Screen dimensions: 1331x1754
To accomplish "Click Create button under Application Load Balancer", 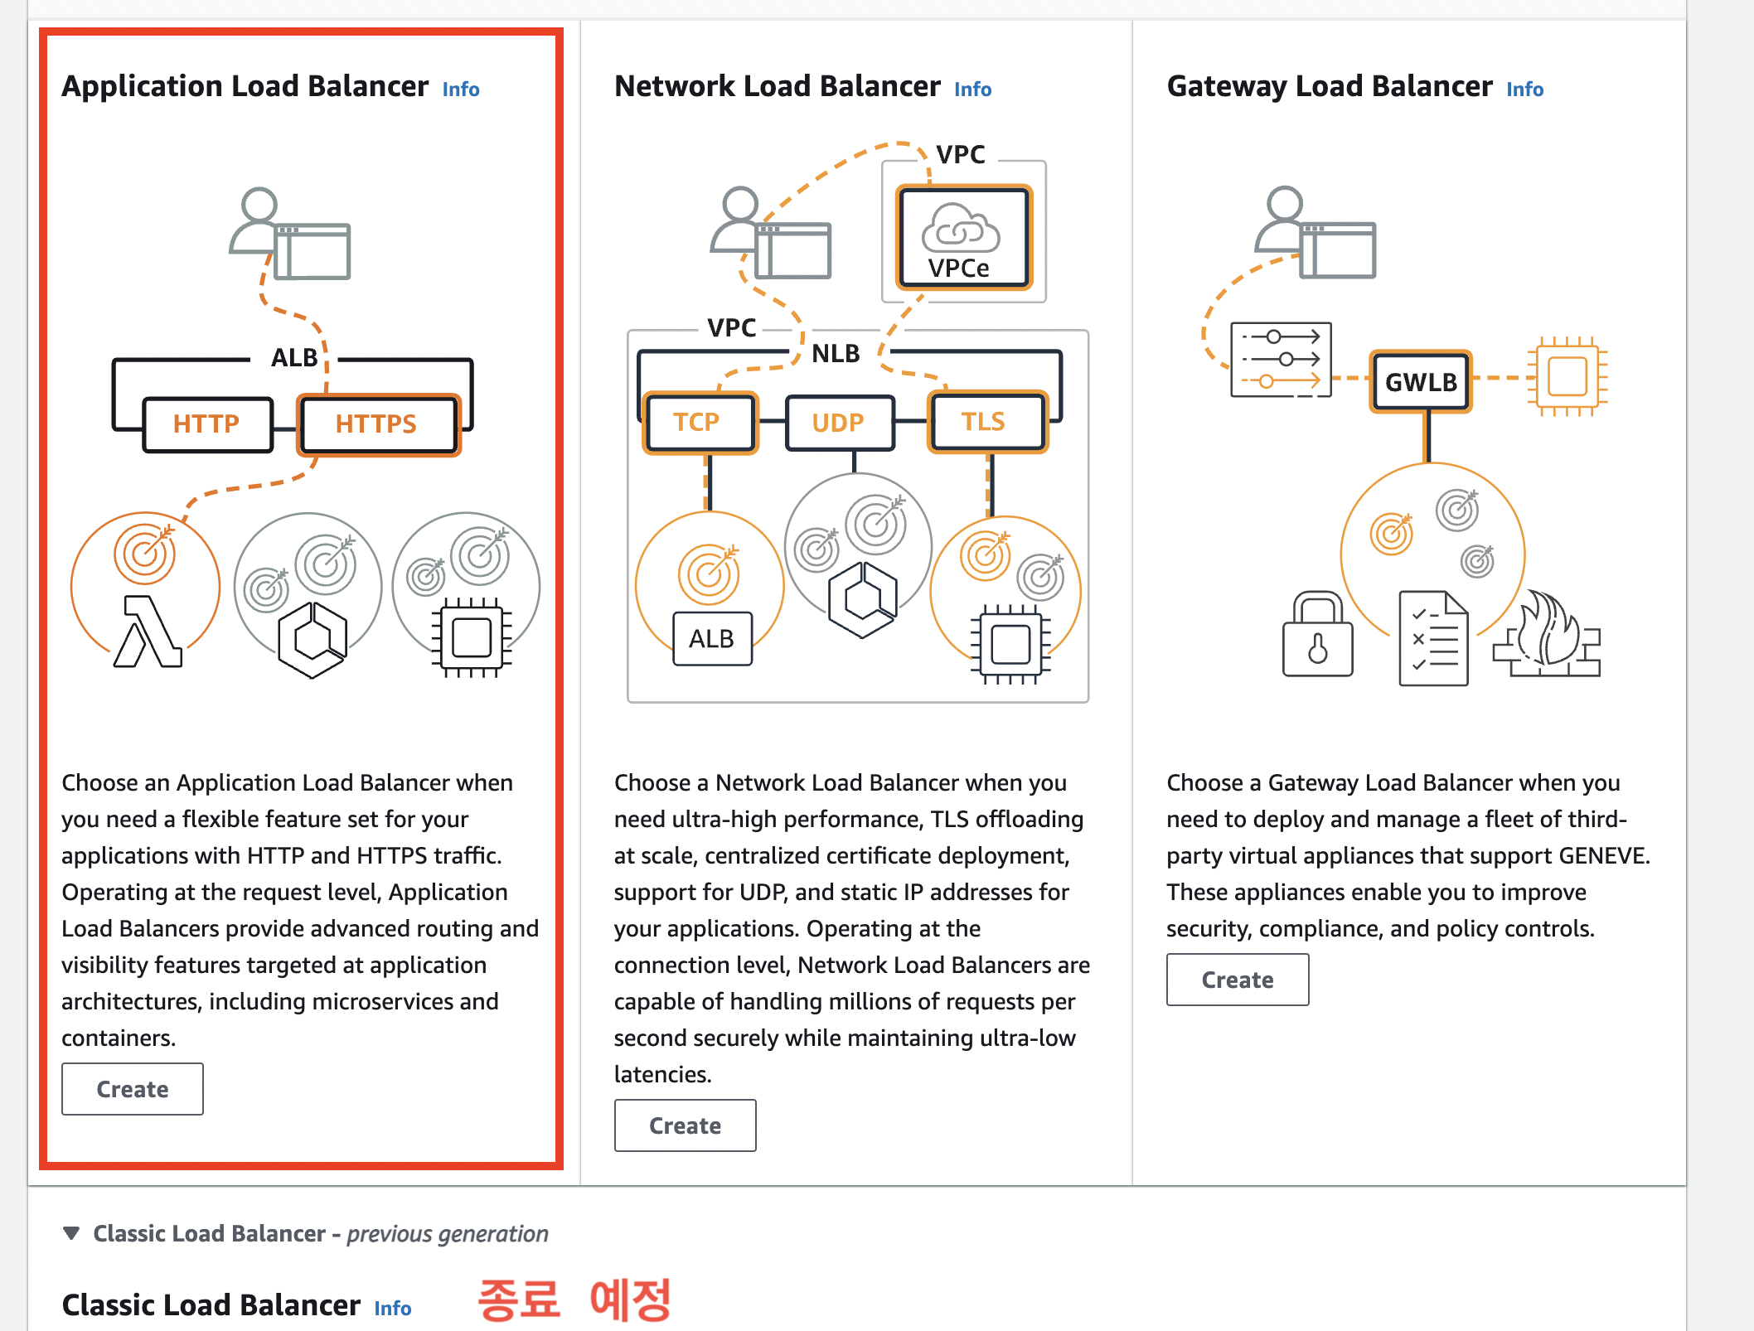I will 133,1089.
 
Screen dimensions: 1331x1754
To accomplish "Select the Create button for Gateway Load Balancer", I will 1237,980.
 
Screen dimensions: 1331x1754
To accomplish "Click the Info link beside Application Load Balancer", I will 461,90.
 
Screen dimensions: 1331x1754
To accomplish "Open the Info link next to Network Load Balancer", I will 972,90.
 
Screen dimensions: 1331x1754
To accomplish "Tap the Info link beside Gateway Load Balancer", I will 1524,90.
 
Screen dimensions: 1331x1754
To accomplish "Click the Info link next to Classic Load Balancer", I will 392,1309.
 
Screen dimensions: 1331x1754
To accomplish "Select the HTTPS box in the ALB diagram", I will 378,424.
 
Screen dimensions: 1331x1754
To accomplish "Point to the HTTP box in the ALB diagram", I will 206,424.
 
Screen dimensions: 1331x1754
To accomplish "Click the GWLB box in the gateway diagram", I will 1421,382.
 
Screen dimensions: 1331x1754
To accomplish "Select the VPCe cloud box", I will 963,238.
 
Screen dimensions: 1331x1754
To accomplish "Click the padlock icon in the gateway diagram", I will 1317,634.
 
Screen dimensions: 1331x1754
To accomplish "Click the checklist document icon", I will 1433,638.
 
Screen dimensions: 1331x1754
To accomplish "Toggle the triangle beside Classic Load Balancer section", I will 72,1233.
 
